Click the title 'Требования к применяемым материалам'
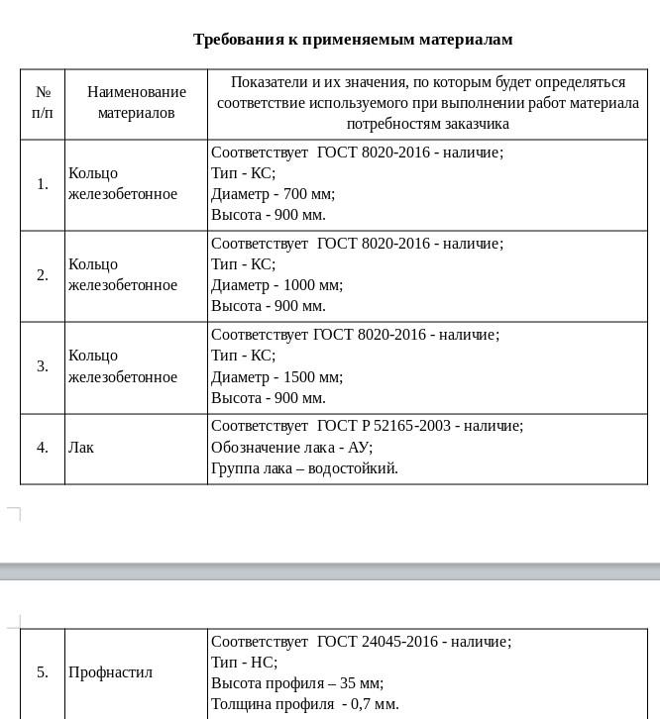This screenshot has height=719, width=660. point(353,40)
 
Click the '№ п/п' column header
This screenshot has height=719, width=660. point(43,102)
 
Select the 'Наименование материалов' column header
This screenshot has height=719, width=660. point(136,102)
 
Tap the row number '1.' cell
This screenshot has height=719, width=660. point(43,184)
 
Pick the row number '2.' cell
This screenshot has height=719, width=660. point(43,275)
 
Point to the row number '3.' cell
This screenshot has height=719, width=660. point(43,366)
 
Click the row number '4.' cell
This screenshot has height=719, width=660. point(43,448)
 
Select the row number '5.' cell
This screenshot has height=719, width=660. point(43,672)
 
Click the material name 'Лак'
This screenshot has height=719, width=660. point(81,448)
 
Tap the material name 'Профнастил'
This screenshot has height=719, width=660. point(110,672)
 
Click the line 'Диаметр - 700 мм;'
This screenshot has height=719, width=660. point(274,194)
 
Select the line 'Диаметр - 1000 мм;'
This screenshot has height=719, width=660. point(277,285)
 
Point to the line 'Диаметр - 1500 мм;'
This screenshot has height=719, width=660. point(277,377)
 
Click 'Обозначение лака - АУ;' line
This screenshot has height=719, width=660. point(291,448)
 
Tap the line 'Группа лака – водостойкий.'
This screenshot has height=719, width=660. point(305,468)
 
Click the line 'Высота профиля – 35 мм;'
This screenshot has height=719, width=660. point(297,683)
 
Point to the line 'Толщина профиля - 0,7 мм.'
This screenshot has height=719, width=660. point(305,704)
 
